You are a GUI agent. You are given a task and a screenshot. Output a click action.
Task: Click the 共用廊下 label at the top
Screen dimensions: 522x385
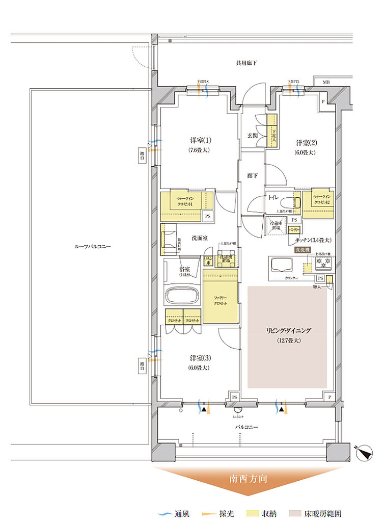246,63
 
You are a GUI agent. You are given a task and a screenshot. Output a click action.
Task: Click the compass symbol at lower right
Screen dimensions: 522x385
365,452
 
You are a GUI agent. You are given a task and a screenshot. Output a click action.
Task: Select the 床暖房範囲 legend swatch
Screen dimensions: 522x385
297,513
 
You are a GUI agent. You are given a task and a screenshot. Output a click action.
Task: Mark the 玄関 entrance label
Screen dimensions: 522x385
253,136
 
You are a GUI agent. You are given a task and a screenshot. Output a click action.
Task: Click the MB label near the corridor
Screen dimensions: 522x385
325,82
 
